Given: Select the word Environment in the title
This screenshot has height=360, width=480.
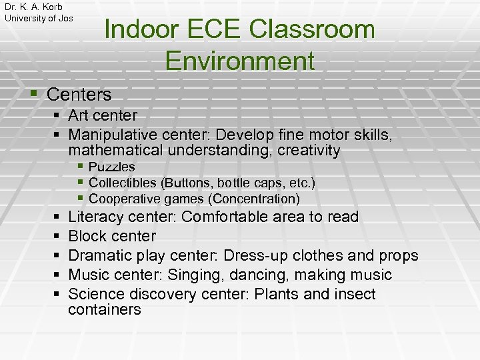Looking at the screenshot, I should click(240, 61).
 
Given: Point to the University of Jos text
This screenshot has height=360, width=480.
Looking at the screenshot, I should click(39, 19).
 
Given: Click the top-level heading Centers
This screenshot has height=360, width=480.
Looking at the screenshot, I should click(79, 95).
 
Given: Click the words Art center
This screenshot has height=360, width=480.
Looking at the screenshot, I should click(103, 116).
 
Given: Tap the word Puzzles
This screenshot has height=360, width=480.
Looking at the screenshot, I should click(111, 167).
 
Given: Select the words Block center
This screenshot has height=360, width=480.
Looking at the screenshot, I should click(112, 236).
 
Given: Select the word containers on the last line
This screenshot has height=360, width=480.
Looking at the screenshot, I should click(105, 309).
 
